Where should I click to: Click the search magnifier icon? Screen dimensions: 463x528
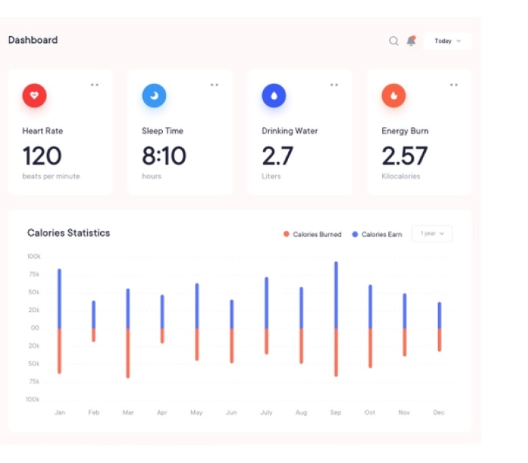click(x=394, y=41)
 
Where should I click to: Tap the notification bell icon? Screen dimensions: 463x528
click(x=411, y=41)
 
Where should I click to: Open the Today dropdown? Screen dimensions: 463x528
click(x=448, y=41)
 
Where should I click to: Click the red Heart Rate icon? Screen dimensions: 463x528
click(x=35, y=96)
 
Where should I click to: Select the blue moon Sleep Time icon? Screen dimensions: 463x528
click(x=154, y=96)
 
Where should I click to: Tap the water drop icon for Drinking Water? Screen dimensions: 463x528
click(x=274, y=96)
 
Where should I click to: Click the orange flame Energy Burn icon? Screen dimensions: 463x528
click(x=393, y=96)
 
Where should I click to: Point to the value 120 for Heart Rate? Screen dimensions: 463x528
click(x=42, y=156)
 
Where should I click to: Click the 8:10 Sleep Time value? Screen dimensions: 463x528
click(x=164, y=156)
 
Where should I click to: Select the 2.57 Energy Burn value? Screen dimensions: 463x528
click(x=404, y=156)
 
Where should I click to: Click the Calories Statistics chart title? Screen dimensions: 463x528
click(x=68, y=233)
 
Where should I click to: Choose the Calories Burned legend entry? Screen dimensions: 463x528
click(x=313, y=234)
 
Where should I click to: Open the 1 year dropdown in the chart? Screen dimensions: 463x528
click(x=432, y=234)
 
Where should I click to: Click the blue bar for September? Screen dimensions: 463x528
click(x=336, y=295)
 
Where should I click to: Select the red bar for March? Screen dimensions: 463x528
click(x=127, y=353)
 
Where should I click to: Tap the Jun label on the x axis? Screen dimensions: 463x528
click(x=232, y=413)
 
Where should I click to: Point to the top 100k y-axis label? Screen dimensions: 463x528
click(x=33, y=257)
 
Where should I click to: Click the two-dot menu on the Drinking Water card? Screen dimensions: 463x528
click(x=334, y=85)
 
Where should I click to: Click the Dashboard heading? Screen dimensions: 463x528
click(x=33, y=40)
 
